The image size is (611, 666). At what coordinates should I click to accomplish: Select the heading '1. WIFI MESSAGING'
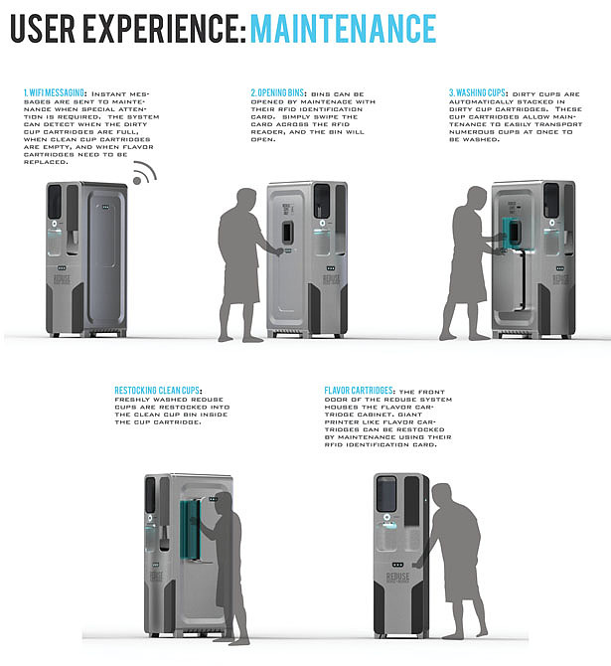[x=55, y=92]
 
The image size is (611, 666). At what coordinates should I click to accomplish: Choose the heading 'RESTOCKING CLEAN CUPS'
[x=159, y=392]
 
